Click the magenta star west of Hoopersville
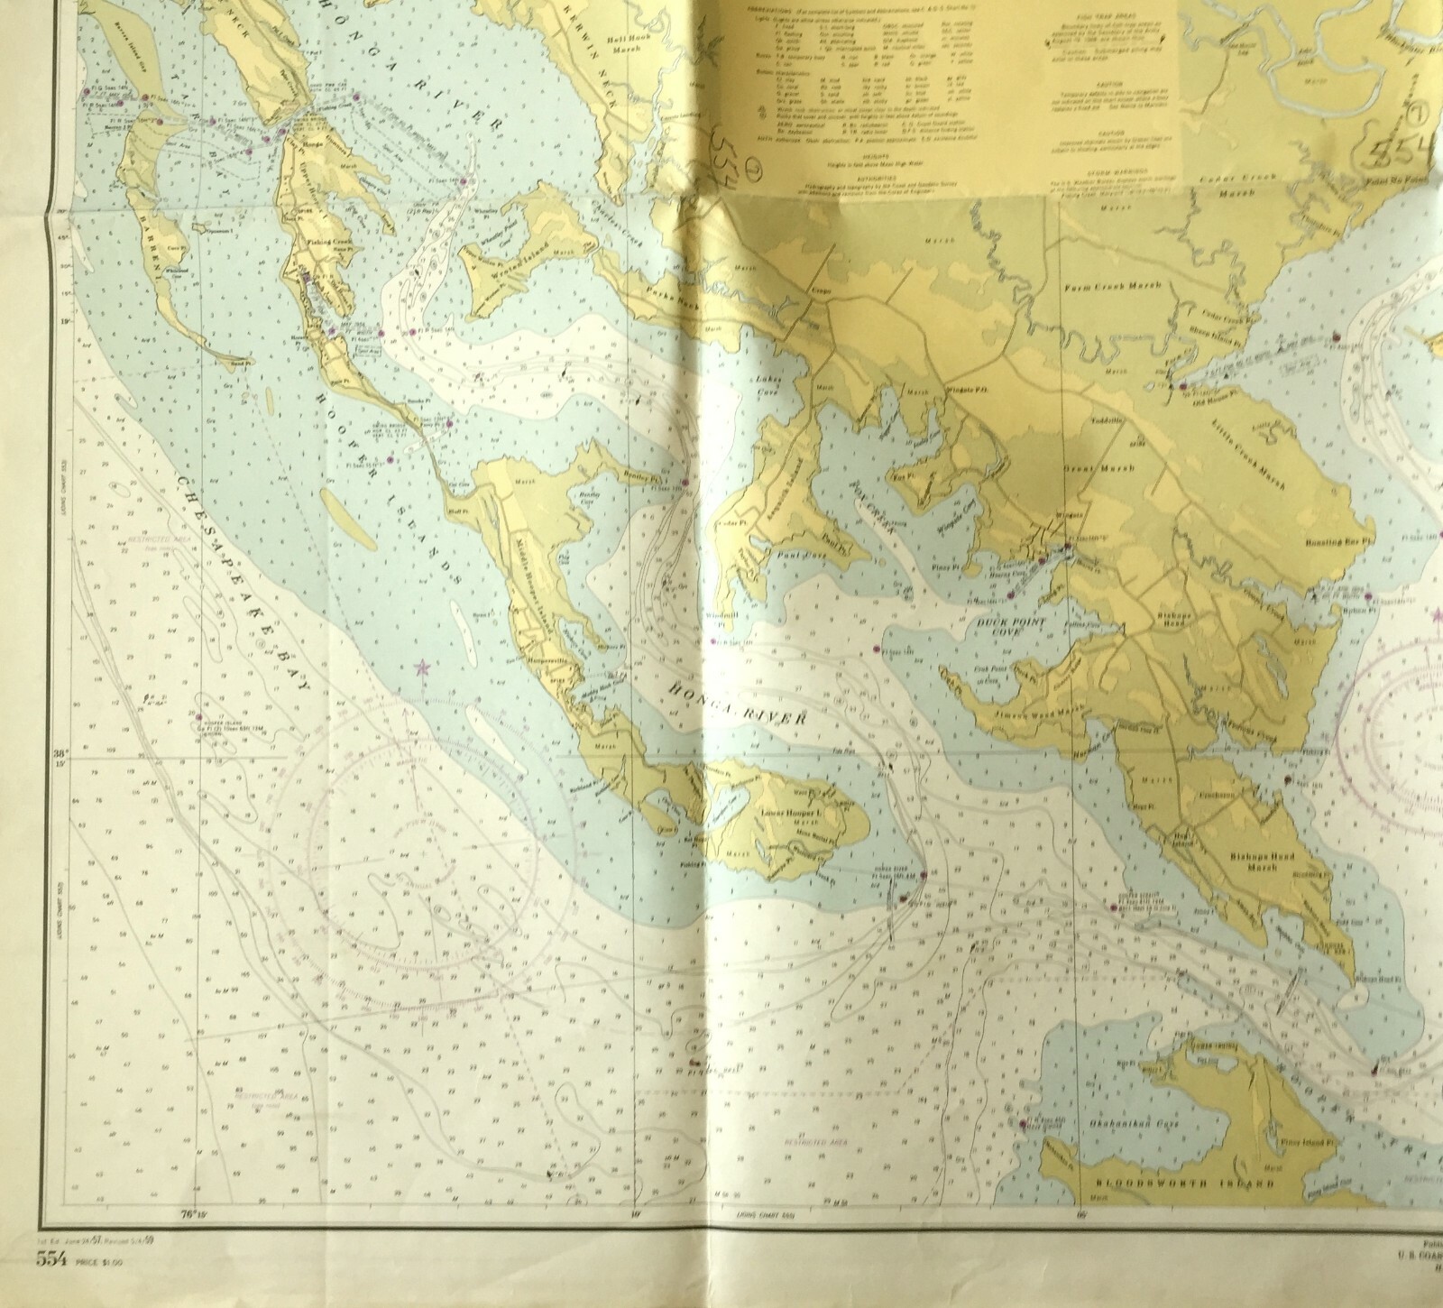click(420, 668)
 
